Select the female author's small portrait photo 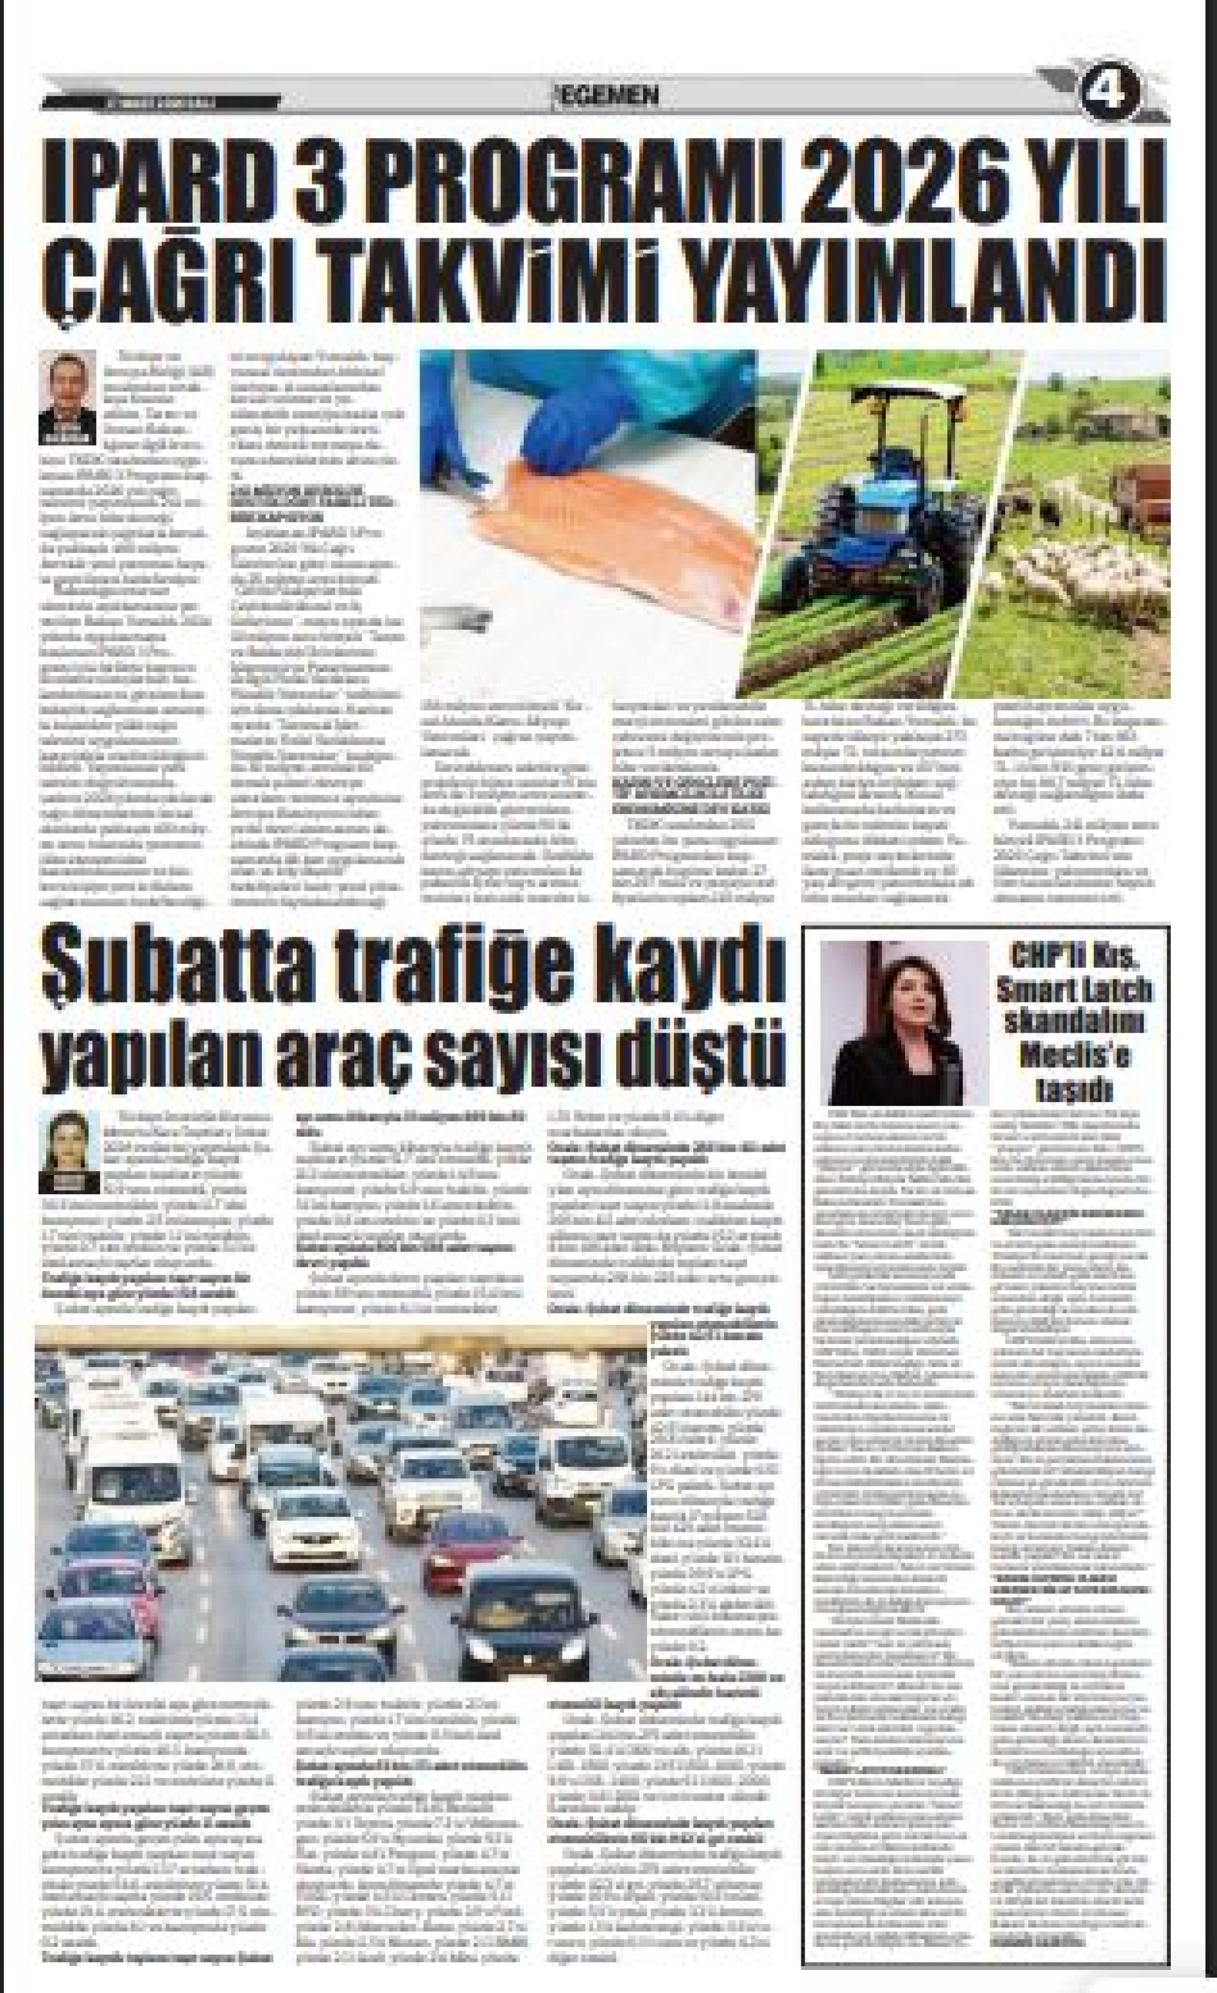[x=68, y=1149]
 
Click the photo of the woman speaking [x=904, y=1022]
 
